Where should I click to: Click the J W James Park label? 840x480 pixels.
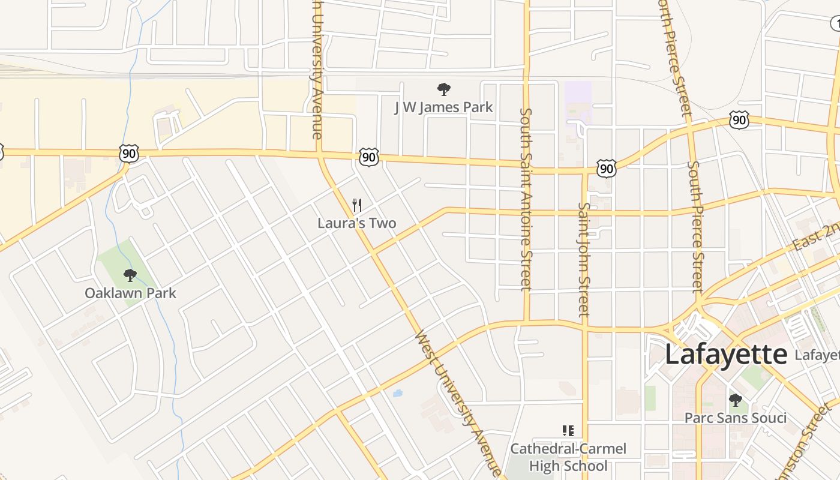443,107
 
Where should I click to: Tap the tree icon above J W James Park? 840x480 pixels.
443,90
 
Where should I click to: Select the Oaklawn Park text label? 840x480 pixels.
130,293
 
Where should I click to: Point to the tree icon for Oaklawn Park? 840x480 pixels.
130,275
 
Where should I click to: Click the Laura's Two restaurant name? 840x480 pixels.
356,223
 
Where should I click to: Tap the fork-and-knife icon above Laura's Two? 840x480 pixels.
356,205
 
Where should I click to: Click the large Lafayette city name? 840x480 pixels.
725,354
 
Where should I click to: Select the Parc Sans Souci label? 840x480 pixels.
736,418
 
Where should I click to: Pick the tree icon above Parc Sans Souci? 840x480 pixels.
735,400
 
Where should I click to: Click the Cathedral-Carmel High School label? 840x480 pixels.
568,457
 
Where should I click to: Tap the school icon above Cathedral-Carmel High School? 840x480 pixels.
568,430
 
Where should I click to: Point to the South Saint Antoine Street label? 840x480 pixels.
526,198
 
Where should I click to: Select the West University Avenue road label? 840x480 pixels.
458,403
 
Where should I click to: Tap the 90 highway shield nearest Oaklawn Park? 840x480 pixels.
129,154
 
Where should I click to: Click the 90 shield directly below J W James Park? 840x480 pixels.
369,158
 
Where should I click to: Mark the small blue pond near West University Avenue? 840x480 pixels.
397,394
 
